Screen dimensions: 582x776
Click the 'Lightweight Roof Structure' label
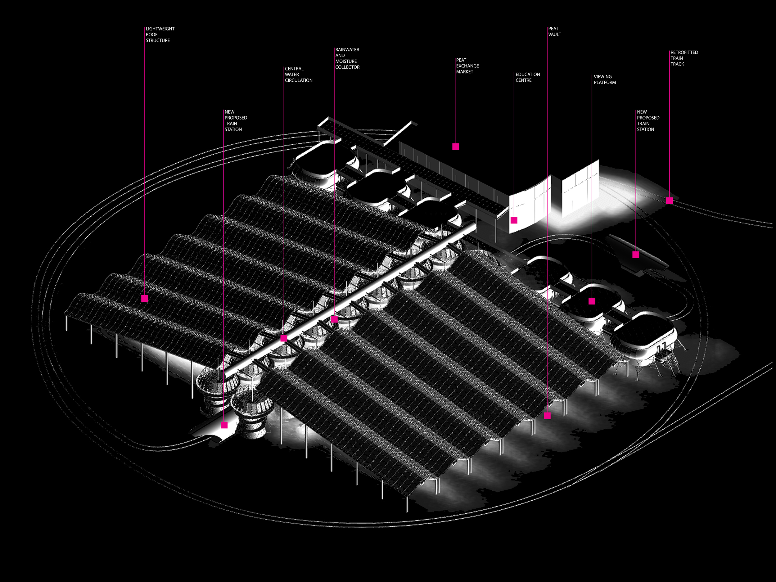coord(160,34)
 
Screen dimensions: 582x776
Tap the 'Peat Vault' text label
coord(554,32)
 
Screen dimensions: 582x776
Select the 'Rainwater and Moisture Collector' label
coord(347,58)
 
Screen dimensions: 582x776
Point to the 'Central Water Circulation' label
coord(298,74)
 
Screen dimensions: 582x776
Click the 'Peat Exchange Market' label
coord(467,66)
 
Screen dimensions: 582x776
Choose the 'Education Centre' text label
coord(527,77)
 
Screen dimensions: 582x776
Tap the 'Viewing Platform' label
coord(604,79)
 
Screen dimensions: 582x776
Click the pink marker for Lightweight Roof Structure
coord(145,298)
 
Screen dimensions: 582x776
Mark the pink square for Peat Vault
coord(547,416)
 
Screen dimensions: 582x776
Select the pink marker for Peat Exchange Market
coord(455,147)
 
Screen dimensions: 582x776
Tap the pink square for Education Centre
coord(514,220)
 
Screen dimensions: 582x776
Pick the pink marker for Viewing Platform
coord(592,301)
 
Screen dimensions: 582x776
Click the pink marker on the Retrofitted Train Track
coord(669,201)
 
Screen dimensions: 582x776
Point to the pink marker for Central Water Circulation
coord(284,338)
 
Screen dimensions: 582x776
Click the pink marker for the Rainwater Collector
coord(334,319)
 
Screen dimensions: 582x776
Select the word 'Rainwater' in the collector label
coord(347,50)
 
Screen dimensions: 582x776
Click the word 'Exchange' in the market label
coord(467,66)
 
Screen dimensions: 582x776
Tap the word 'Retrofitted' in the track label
coord(684,52)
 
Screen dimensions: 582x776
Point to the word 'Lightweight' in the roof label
coord(160,29)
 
